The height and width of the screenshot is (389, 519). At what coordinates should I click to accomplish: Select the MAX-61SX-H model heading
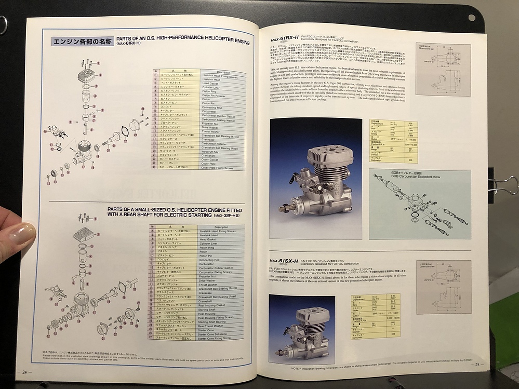(284, 261)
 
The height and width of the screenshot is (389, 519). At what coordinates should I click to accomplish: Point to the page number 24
(24, 371)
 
